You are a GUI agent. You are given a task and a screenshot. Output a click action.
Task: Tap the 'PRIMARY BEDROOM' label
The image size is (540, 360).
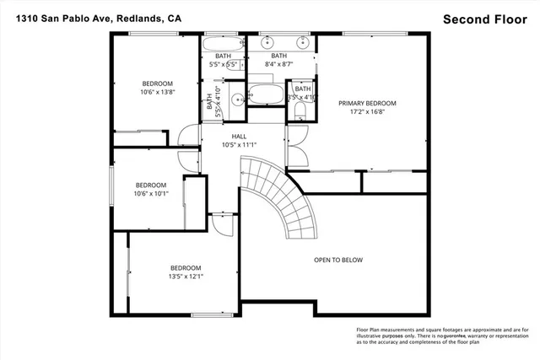pos(367,104)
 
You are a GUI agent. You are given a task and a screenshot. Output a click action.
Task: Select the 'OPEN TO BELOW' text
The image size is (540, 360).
pos(338,260)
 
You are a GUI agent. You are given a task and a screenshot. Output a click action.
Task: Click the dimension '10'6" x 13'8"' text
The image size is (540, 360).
pos(157,94)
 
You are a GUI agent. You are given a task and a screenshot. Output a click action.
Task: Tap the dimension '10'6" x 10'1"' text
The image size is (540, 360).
pos(151,195)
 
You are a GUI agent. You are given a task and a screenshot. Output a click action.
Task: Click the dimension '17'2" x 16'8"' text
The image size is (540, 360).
pos(367,113)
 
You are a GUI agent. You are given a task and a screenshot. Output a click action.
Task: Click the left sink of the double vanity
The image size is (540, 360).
pos(268,41)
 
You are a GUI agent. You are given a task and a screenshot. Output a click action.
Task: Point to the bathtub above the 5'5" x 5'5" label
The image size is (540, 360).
pos(221,42)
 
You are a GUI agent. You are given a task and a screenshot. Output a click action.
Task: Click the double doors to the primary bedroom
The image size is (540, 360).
pos(295,148)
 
